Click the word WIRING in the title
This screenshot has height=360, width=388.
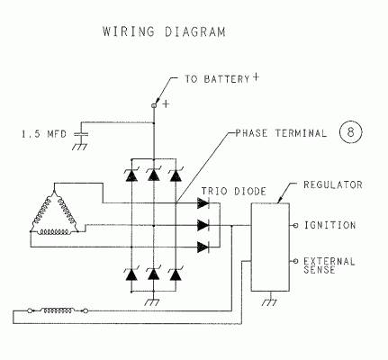point(129,31)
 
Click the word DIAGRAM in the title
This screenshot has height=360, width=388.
point(195,31)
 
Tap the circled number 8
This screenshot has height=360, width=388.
point(350,132)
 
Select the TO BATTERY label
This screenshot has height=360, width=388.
point(217,79)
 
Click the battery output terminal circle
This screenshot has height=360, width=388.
point(154,105)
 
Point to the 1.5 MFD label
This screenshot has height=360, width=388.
point(44,133)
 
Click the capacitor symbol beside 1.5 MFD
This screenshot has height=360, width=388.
point(81,134)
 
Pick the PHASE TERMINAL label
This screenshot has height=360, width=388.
point(281,133)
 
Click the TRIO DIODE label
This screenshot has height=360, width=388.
point(233,191)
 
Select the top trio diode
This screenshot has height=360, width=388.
point(203,203)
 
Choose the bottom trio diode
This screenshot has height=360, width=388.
point(203,247)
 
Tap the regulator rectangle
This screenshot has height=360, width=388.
point(270,247)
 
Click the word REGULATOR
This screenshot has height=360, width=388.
point(333,184)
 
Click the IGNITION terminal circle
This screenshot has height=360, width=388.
point(295,225)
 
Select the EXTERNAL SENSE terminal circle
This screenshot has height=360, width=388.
point(295,261)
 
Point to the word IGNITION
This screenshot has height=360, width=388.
point(329,225)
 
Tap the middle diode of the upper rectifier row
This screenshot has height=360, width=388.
point(153,175)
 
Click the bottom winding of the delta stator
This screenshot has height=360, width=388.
point(54,231)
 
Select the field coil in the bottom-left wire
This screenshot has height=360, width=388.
point(58,310)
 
